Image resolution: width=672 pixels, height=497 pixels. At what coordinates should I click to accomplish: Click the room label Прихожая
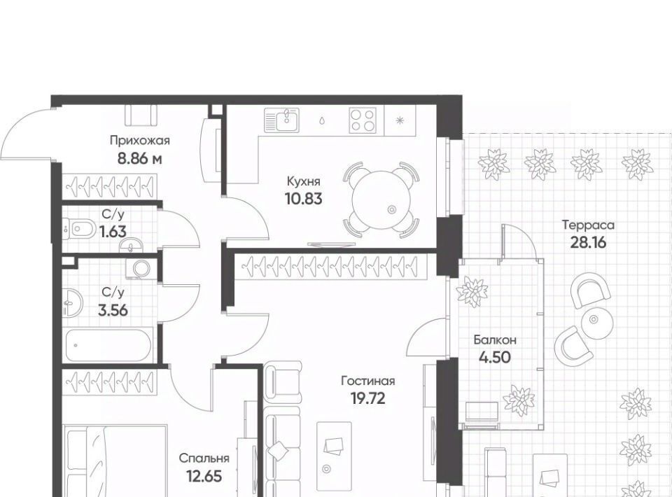pyautogui.click(x=140, y=141)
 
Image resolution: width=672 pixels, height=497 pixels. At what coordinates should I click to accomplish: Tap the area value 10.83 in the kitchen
pyautogui.click(x=303, y=199)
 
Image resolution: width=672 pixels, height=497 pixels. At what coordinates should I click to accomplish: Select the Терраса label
pyautogui.click(x=588, y=225)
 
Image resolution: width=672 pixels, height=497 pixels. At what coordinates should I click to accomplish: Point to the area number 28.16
pyautogui.click(x=588, y=243)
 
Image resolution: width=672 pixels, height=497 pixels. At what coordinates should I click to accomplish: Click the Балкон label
pyautogui.click(x=495, y=340)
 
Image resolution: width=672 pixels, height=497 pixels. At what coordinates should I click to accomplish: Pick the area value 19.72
pyautogui.click(x=367, y=398)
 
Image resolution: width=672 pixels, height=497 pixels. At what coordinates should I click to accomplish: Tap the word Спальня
pyautogui.click(x=204, y=458)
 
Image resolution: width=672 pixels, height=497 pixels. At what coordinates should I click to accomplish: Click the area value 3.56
pyautogui.click(x=113, y=310)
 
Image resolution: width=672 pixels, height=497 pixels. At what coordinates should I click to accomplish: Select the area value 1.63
pyautogui.click(x=113, y=232)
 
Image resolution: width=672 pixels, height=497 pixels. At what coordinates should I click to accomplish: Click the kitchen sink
pyautogui.click(x=281, y=119)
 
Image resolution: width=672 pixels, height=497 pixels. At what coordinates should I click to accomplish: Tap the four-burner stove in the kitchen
pyautogui.click(x=363, y=120)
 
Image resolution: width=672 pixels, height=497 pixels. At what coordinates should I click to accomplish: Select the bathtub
pyautogui.click(x=108, y=345)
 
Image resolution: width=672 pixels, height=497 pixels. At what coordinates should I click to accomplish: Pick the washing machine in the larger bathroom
pyautogui.click(x=141, y=269)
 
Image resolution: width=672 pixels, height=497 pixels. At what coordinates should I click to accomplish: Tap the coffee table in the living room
pyautogui.click(x=335, y=456)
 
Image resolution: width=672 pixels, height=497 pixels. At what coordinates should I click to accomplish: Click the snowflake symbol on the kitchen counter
pyautogui.click(x=400, y=120)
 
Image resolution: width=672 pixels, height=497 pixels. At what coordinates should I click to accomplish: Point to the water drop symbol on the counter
pyautogui.click(x=322, y=120)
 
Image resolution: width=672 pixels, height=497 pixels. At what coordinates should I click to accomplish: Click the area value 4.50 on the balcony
pyautogui.click(x=495, y=357)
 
